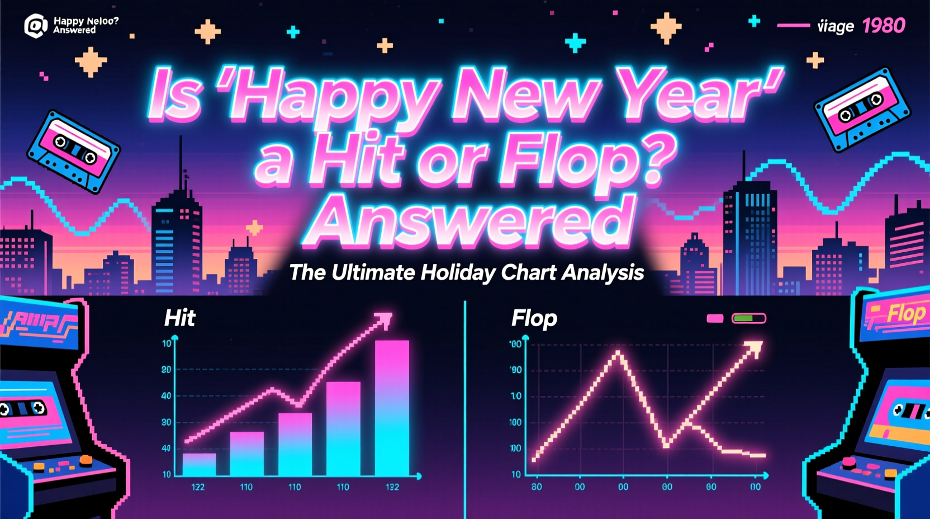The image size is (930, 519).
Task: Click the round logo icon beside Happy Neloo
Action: point(36,26)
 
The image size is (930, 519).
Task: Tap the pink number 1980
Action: point(883,26)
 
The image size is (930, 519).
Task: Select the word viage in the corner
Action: point(836,26)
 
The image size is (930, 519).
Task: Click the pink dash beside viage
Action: point(793,25)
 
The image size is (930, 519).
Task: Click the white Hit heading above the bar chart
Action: point(179,318)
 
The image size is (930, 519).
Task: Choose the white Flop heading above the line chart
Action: point(534,318)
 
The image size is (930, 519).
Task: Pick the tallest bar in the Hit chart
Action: point(392,408)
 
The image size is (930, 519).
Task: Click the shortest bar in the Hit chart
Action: point(199,464)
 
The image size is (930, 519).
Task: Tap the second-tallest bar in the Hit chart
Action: point(343,428)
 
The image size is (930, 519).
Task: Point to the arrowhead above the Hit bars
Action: point(384,320)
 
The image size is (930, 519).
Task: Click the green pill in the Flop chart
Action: point(748,318)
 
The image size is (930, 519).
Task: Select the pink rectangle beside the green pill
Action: point(715,318)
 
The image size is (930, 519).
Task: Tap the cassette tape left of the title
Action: point(73,151)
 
